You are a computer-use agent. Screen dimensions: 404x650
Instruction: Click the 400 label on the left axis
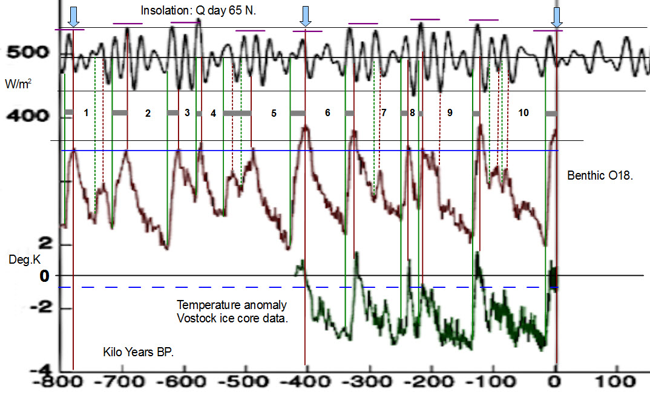27,114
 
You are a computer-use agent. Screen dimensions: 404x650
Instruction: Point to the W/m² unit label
19,83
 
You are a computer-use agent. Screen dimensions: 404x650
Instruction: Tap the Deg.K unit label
19,259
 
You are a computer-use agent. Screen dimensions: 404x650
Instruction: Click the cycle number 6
327,113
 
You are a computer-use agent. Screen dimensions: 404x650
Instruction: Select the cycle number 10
523,113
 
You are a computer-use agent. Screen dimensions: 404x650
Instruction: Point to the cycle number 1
86,113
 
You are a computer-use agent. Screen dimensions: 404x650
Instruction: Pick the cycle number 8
412,113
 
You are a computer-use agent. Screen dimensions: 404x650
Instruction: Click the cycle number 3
187,113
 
